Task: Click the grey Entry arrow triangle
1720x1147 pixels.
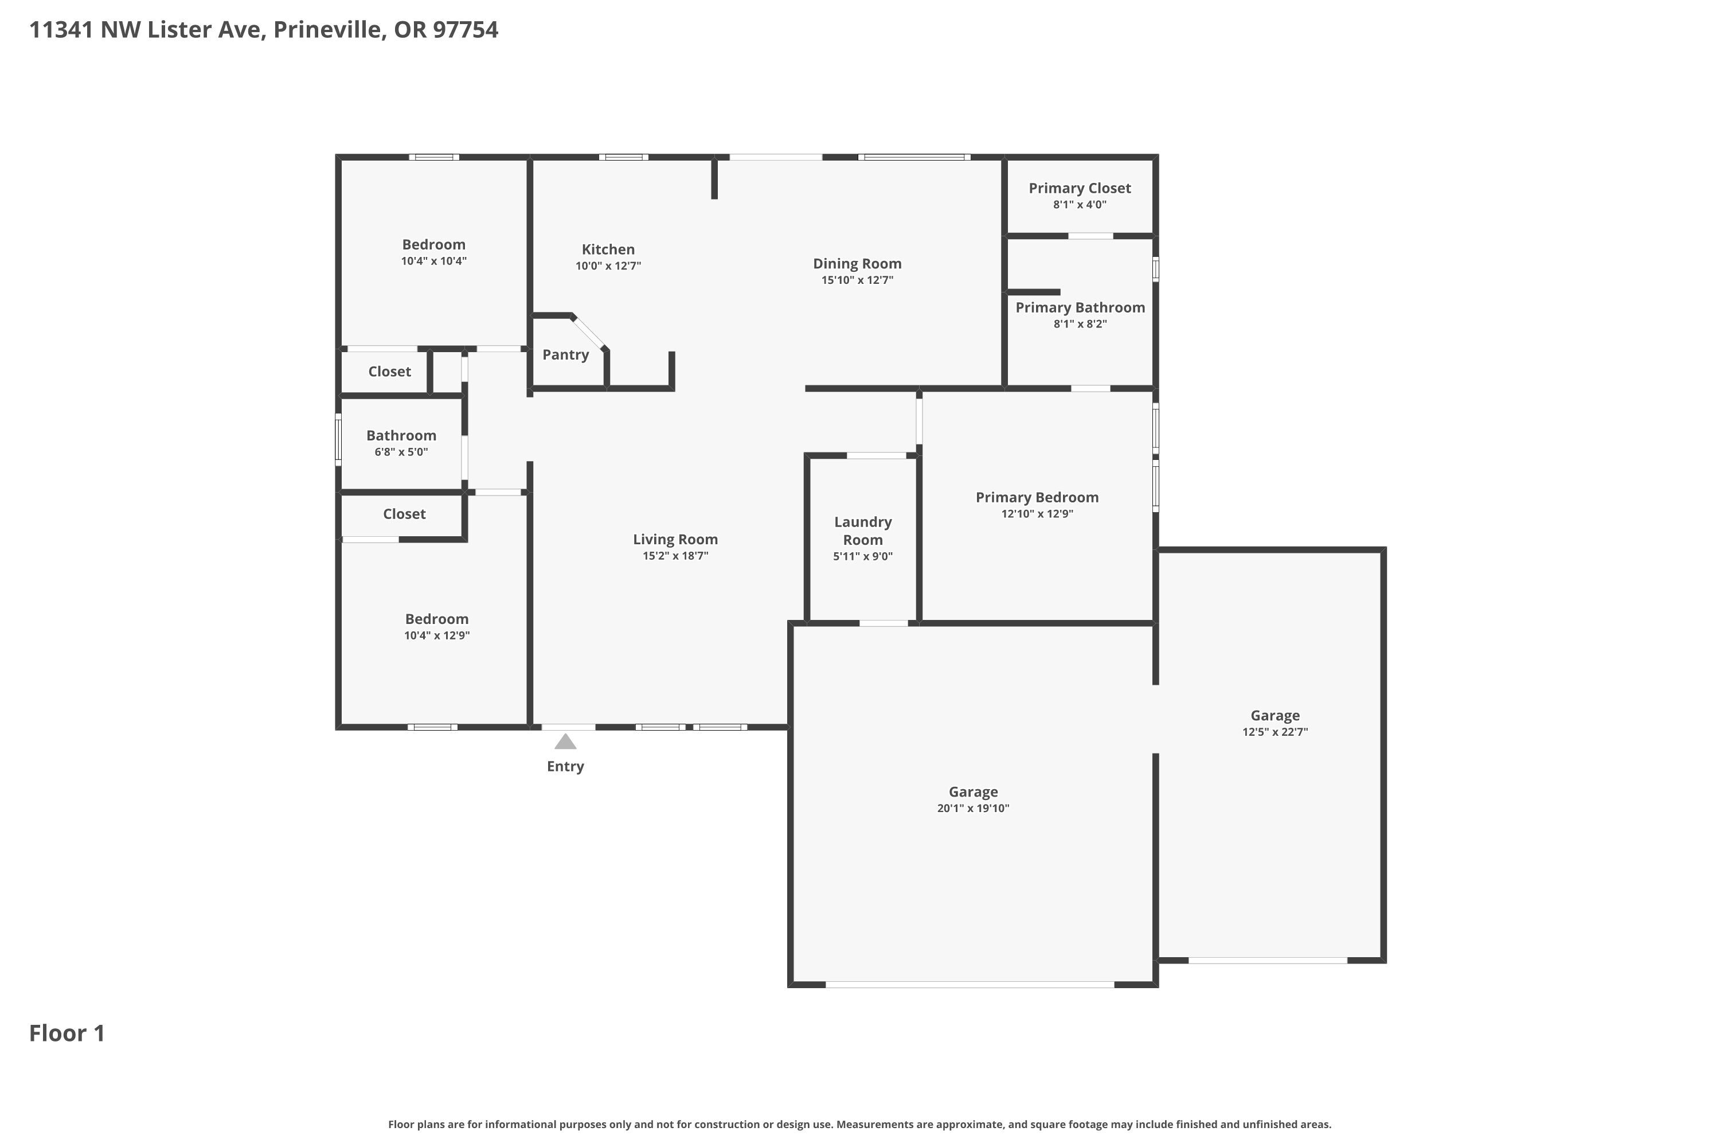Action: (x=565, y=742)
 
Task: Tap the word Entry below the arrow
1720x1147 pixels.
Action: (x=565, y=767)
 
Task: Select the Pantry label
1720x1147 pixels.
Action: (x=565, y=355)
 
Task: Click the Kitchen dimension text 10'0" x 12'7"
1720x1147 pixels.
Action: (x=608, y=266)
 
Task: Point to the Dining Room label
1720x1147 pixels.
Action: (x=857, y=263)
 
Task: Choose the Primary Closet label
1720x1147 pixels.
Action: (x=1080, y=188)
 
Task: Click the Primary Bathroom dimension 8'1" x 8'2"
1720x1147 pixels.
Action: (x=1080, y=324)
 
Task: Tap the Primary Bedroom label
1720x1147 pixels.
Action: (x=1037, y=497)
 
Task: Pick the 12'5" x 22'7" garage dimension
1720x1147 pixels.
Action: (x=1275, y=732)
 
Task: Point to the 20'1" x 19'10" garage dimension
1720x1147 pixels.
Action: (x=974, y=808)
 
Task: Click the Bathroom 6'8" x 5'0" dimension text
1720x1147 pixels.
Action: (x=401, y=452)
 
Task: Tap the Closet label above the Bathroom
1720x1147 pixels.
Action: (x=390, y=372)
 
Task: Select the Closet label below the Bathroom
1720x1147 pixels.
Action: (x=404, y=514)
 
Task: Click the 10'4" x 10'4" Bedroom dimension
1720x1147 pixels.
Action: (x=433, y=261)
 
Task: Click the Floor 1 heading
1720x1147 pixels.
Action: (x=67, y=1033)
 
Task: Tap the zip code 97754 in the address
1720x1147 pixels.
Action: (x=465, y=30)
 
